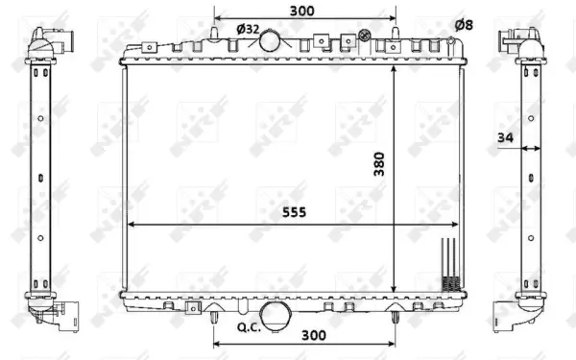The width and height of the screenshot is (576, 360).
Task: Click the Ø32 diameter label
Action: click(248, 29)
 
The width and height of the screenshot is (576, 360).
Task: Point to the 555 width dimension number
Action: click(294, 213)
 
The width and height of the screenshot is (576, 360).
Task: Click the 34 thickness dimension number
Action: click(505, 138)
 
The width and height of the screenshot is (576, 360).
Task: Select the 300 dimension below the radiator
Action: click(313, 336)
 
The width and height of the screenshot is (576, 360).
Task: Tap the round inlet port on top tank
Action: click(274, 42)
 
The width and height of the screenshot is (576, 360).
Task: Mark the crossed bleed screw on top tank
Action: click(365, 37)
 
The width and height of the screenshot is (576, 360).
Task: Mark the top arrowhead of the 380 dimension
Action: click(395, 70)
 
